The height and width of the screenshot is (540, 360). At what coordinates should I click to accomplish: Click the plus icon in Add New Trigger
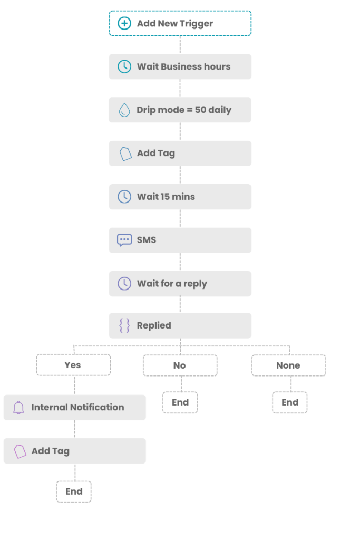[x=124, y=23]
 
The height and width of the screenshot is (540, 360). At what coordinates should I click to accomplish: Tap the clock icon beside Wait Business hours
[x=124, y=66]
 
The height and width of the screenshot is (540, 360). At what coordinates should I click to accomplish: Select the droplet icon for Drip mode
[x=124, y=110]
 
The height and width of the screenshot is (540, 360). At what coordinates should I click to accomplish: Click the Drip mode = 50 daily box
[x=180, y=110]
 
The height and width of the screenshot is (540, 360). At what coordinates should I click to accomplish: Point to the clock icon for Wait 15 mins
[x=124, y=197]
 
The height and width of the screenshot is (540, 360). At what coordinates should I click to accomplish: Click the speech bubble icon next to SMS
[x=124, y=240]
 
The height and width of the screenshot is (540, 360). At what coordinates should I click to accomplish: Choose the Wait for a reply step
[x=180, y=284]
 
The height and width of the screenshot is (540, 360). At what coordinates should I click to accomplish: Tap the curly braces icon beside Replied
[x=124, y=325]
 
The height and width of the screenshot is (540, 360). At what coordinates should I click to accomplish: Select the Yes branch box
[x=73, y=365]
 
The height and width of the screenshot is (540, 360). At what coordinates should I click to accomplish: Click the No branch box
[x=180, y=365]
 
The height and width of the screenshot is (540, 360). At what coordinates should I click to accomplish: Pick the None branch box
[x=288, y=365]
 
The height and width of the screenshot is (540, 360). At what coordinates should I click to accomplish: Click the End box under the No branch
[x=180, y=402]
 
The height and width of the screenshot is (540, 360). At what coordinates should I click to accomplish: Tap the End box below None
[x=290, y=402]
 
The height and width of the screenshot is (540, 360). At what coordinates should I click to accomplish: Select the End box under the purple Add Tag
[x=74, y=491]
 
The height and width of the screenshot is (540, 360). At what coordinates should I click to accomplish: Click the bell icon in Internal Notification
[x=19, y=408]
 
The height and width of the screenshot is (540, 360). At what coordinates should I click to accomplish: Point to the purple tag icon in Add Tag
[x=20, y=451]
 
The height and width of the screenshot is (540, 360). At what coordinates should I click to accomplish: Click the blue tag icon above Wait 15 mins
[x=125, y=153]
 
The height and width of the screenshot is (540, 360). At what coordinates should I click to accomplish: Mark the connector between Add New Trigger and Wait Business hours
[x=180, y=45]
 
